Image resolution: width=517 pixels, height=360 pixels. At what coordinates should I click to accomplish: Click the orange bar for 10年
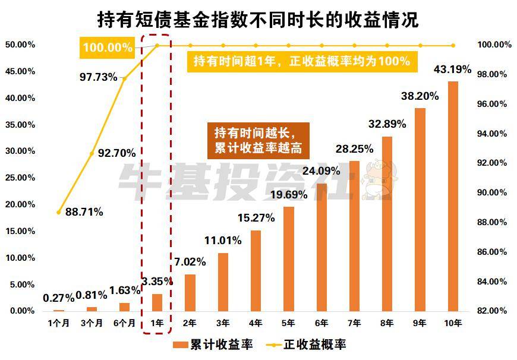pyautogui.click(x=453, y=196)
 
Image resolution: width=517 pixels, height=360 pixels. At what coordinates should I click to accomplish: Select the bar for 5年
pyautogui.click(x=289, y=259)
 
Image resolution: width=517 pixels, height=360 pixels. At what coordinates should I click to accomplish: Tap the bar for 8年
pyautogui.click(x=387, y=224)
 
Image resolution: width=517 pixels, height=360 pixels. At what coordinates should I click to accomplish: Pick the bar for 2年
pyautogui.click(x=190, y=293)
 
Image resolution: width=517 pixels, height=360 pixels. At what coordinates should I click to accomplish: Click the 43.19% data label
pyautogui.click(x=453, y=70)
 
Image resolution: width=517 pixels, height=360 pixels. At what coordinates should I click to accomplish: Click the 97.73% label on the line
pyautogui.click(x=99, y=77)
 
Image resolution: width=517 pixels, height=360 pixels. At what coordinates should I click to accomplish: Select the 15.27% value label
pyautogui.click(x=256, y=218)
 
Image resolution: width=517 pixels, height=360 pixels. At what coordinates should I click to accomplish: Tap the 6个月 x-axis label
pyautogui.click(x=124, y=323)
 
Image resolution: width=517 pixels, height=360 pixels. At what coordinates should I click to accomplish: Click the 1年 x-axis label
pyautogui.click(x=157, y=323)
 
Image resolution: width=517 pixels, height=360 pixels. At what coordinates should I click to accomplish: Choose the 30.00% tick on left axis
pyautogui.click(x=20, y=151)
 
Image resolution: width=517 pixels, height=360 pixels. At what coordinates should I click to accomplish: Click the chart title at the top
pyautogui.click(x=258, y=20)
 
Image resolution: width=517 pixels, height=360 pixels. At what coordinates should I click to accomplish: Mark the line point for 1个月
pyautogui.click(x=58, y=211)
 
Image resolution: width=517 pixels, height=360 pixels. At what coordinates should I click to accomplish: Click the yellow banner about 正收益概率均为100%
pyautogui.click(x=302, y=61)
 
